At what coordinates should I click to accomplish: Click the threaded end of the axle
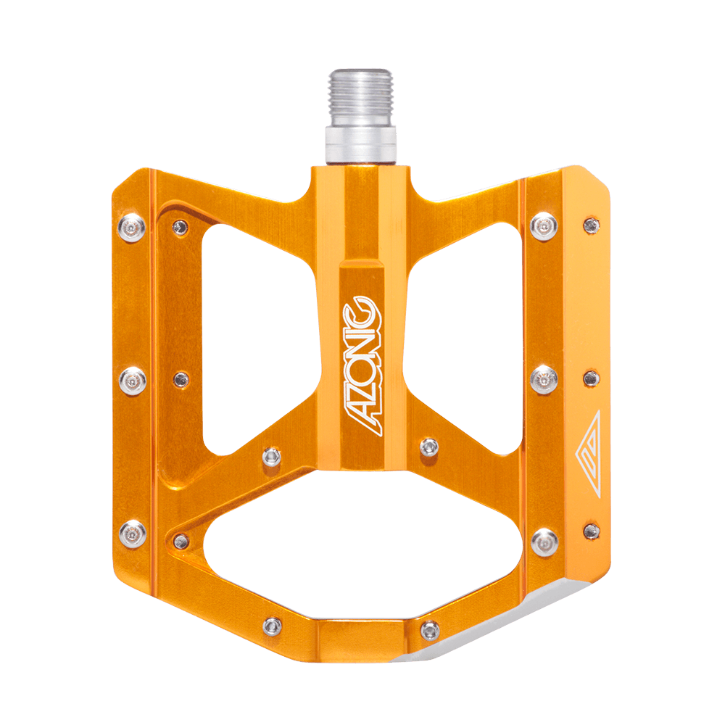[x=360, y=98]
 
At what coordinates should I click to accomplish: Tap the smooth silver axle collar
[x=360, y=145]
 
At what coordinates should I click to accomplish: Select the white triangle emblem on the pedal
[x=589, y=453]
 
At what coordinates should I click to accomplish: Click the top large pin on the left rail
[x=132, y=228]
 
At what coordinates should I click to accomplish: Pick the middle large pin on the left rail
[x=133, y=381]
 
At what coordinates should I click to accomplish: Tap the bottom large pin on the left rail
[x=133, y=534]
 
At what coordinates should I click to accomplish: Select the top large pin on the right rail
[x=544, y=226]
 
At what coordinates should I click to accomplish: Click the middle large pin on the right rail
[x=544, y=380]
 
